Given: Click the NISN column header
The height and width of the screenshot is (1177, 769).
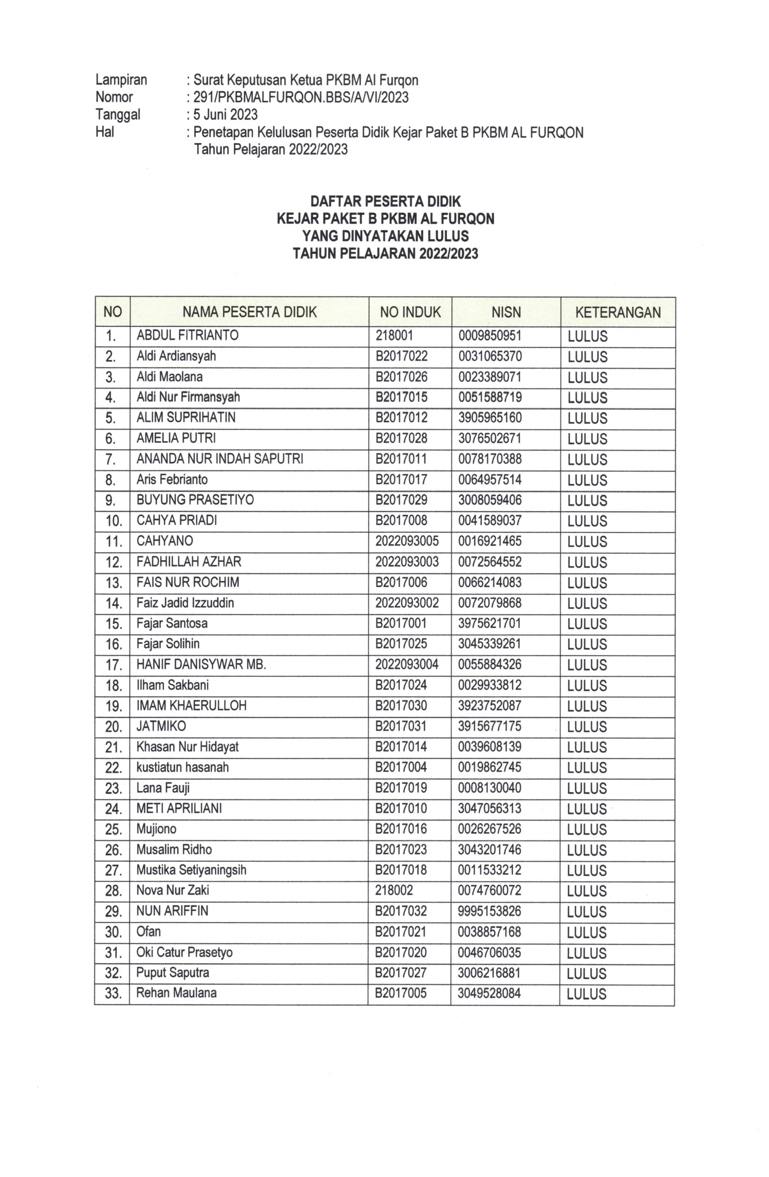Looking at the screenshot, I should [505, 312].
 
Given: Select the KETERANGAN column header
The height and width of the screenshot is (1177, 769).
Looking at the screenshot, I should [618, 312].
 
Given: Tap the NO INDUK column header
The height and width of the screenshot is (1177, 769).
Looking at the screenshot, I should [410, 312].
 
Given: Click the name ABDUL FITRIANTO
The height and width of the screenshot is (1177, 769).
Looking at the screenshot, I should [187, 335].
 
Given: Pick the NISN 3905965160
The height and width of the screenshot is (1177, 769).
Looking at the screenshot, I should [489, 418].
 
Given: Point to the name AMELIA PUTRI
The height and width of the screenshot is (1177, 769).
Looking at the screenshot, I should [176, 438].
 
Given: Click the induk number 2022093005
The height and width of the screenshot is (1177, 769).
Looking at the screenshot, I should [406, 541].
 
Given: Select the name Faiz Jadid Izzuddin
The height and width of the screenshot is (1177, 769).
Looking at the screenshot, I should [185, 603].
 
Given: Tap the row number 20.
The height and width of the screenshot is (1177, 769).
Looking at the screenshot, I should [113, 727].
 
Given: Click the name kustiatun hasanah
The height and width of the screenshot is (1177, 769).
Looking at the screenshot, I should [182, 767].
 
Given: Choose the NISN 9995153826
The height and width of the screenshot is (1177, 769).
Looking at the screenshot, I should [489, 911].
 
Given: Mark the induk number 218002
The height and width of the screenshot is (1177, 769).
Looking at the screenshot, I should [393, 891].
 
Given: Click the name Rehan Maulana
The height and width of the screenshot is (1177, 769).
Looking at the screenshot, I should [176, 993].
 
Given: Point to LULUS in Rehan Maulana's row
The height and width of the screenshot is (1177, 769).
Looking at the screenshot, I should [586, 994].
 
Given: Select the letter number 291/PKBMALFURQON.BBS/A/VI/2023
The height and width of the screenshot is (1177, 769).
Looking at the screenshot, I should [301, 97].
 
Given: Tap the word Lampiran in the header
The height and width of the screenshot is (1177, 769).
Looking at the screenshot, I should [121, 80].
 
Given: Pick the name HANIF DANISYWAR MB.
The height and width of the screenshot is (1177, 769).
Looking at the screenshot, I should [201, 665].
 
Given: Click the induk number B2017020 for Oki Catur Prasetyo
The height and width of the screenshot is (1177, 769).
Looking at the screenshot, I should [400, 953].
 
